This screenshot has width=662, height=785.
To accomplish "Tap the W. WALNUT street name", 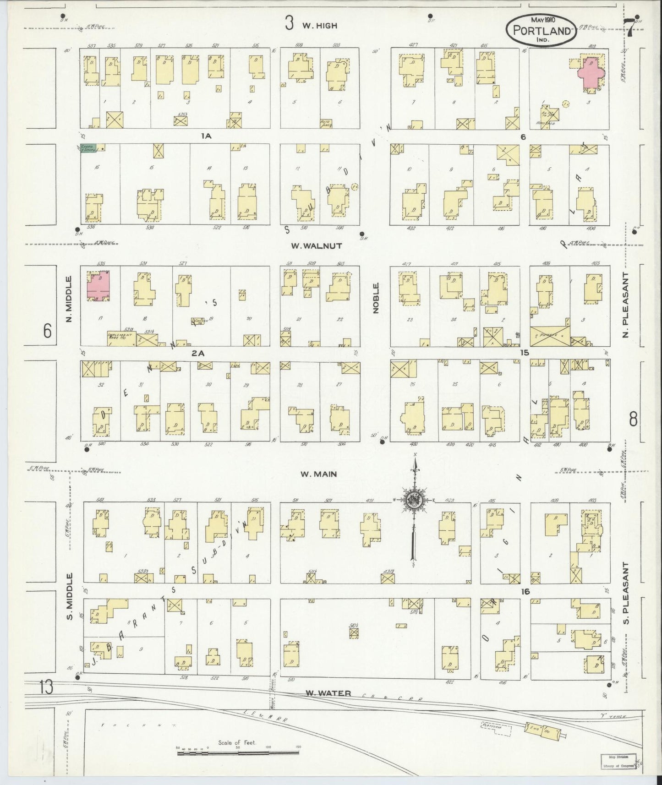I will pos(317,246).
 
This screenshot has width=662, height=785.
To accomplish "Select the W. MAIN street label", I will pos(318,474).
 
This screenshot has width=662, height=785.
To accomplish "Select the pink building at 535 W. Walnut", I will pos(98,285).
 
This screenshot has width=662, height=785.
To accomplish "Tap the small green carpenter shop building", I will pos(88,148).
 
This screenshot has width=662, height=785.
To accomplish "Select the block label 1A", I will pos(206,136).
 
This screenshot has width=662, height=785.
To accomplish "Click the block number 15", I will pos(524,353).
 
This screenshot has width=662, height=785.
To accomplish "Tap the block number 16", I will pos(525,592).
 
